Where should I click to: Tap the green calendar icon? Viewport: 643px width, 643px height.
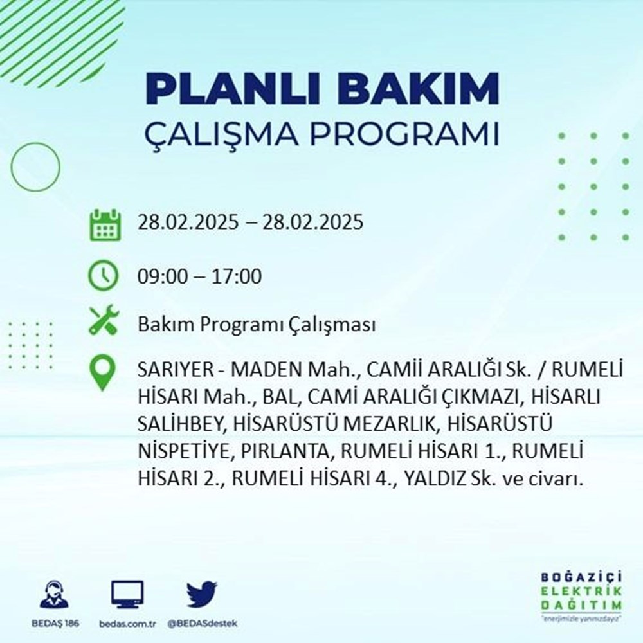coord(104,224)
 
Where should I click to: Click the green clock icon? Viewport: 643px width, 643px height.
coord(104,276)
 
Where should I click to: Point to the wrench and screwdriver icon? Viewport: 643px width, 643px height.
coord(104,320)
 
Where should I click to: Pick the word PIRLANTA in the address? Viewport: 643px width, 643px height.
coord(285,452)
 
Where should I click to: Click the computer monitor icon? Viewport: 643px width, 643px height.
coord(127,595)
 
